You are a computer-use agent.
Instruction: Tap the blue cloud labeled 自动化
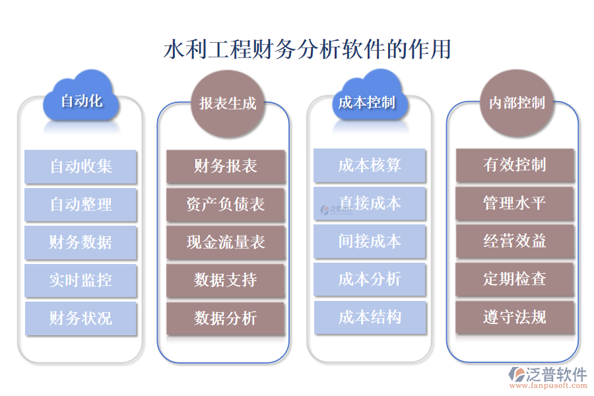[x=81, y=101]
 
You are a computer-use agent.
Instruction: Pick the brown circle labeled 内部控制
[x=516, y=102]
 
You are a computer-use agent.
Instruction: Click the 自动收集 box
[x=81, y=166]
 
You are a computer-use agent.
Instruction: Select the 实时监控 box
[x=81, y=280]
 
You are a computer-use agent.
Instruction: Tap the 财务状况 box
[x=81, y=319]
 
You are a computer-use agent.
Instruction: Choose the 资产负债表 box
[x=226, y=205]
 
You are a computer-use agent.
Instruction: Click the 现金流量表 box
[x=226, y=242]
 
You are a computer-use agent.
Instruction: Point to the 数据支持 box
[x=226, y=280]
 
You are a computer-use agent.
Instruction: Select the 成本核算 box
[x=370, y=165]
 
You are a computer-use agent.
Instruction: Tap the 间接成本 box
[x=370, y=242]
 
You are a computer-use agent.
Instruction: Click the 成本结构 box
[x=370, y=317]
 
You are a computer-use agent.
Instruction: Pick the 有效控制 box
[x=515, y=164]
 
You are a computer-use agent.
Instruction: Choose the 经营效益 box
[x=515, y=241]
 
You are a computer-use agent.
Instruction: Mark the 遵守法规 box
[x=515, y=317]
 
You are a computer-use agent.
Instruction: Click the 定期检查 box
[x=515, y=279]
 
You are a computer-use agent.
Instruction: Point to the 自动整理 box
[x=81, y=205]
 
